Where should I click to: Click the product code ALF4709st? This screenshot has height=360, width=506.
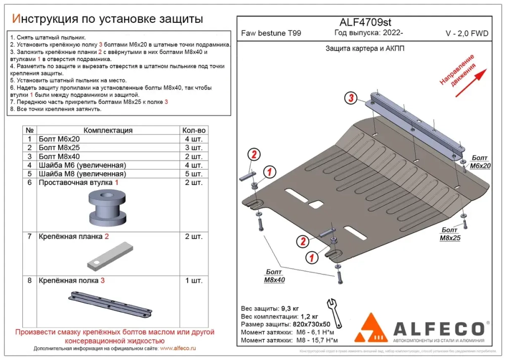(x=364, y=22)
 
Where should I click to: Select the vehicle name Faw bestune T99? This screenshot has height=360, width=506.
(x=271, y=34)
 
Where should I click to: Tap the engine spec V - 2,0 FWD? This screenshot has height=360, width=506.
(x=467, y=34)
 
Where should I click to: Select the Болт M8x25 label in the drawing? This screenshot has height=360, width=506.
(x=450, y=234)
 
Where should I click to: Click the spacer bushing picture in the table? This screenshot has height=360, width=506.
(x=107, y=208)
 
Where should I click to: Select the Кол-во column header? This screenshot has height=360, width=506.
(x=194, y=130)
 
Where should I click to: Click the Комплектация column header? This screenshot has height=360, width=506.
(x=108, y=130)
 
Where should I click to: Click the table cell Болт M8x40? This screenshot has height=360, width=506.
(x=59, y=156)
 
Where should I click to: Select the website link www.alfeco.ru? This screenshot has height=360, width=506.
(x=178, y=348)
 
